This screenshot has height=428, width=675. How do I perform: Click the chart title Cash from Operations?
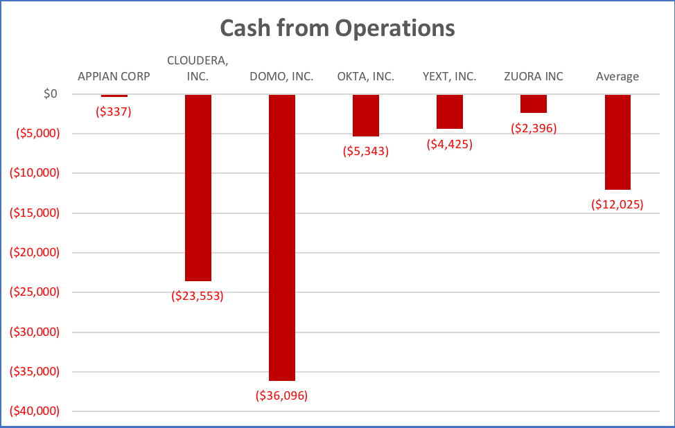coord(337,28)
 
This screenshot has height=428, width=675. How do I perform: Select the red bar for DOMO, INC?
coord(282,237)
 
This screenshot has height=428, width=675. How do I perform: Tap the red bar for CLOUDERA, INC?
coord(198,187)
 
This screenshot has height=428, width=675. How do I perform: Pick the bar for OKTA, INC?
coord(366,115)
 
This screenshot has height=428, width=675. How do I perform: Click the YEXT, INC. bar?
coord(450,112)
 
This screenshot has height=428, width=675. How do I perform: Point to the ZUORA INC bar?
coord(534,103)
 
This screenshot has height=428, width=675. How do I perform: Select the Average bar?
coord(617,141)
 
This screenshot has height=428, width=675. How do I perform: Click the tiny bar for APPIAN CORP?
coord(114,96)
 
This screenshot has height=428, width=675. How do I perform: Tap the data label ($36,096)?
coord(281,395)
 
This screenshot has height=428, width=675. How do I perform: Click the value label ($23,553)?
coord(198,296)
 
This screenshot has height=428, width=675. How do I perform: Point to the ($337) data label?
coord(114,111)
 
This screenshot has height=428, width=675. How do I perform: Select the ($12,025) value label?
coord(617,204)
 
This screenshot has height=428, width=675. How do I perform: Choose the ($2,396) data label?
coord(534,128)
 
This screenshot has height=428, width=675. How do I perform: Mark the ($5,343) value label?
coord(366,151)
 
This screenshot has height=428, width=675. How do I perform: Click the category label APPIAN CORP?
coord(114,76)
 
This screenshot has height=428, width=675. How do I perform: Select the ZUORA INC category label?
coord(534,76)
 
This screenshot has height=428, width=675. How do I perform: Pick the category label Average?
coord(617,76)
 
